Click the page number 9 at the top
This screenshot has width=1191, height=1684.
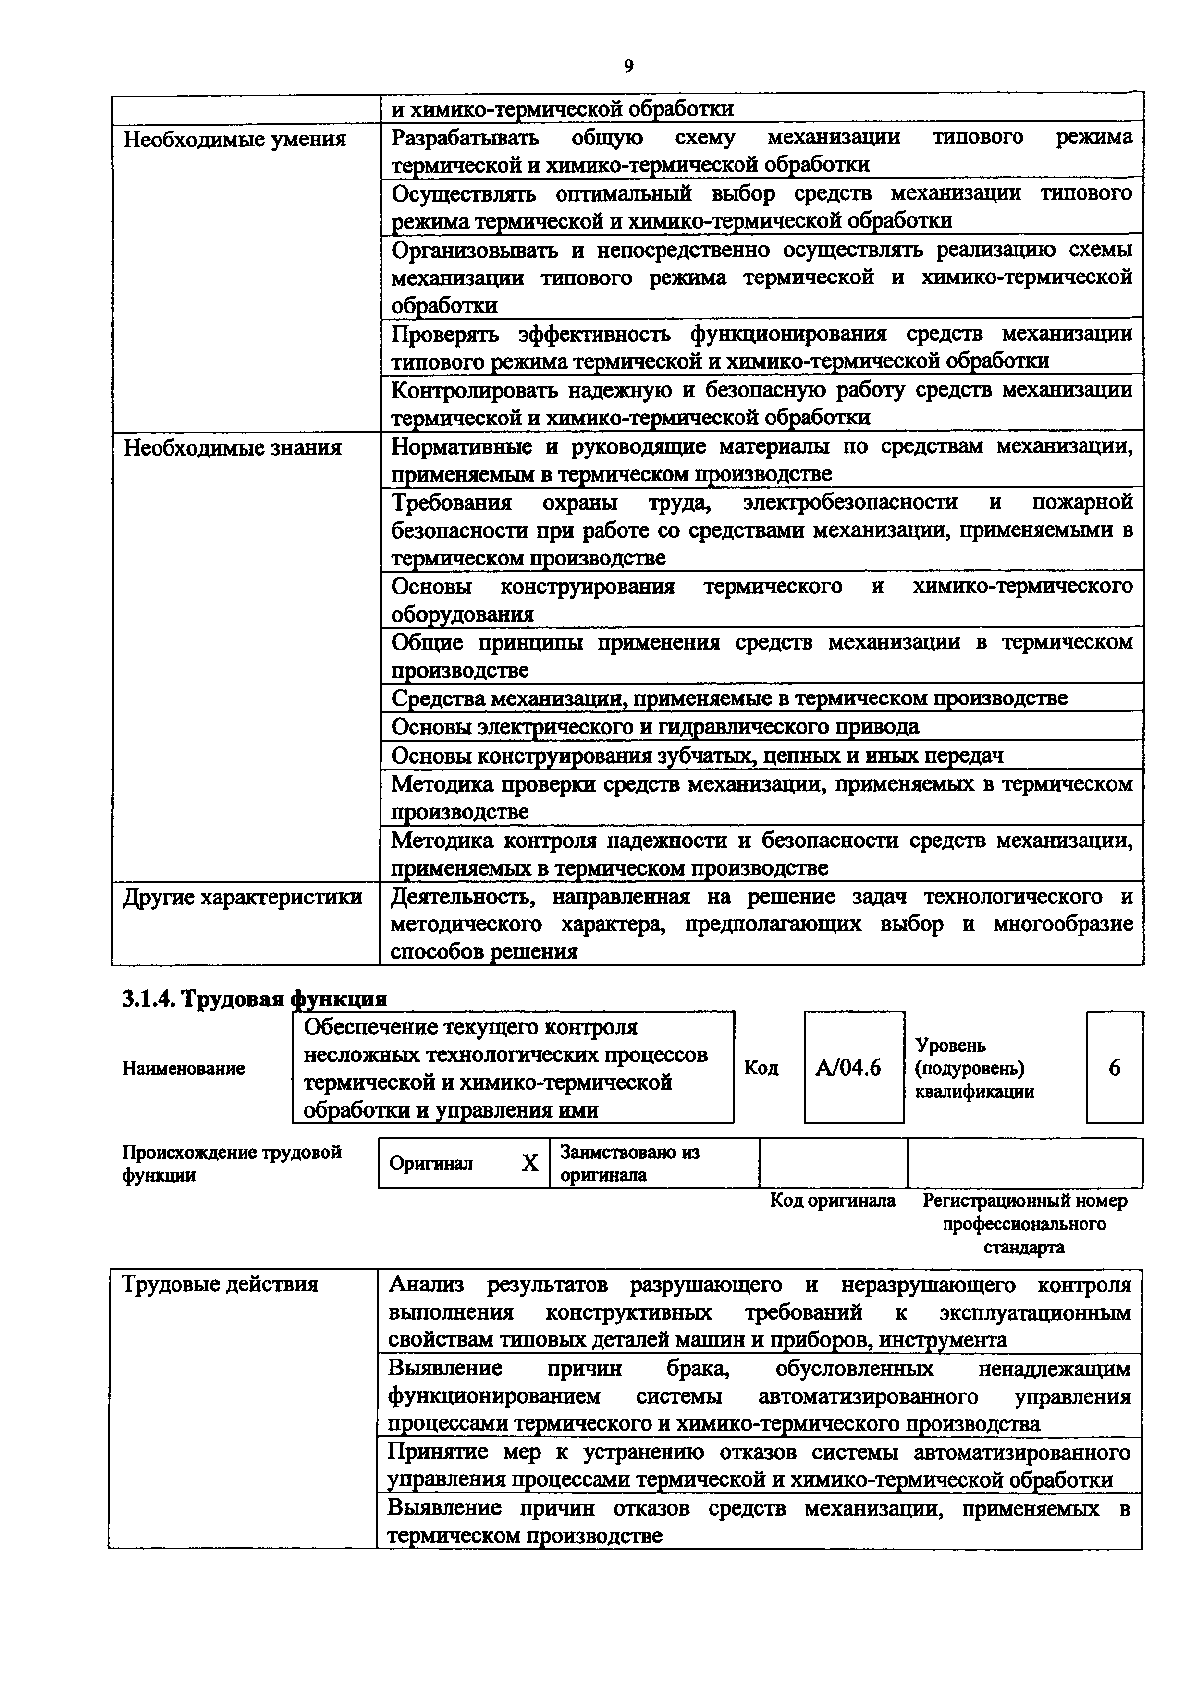pyautogui.click(x=628, y=67)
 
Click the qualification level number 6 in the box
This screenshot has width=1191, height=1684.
pyautogui.click(x=1114, y=1068)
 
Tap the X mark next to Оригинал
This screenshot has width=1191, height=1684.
pyautogui.click(x=529, y=1163)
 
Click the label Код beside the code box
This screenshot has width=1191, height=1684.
pyautogui.click(x=761, y=1068)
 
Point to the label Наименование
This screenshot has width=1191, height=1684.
pyautogui.click(x=184, y=1069)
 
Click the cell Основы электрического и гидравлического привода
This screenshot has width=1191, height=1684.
pyautogui.click(x=654, y=727)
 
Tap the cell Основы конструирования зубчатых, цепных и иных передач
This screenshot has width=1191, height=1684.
pyautogui.click(x=697, y=756)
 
